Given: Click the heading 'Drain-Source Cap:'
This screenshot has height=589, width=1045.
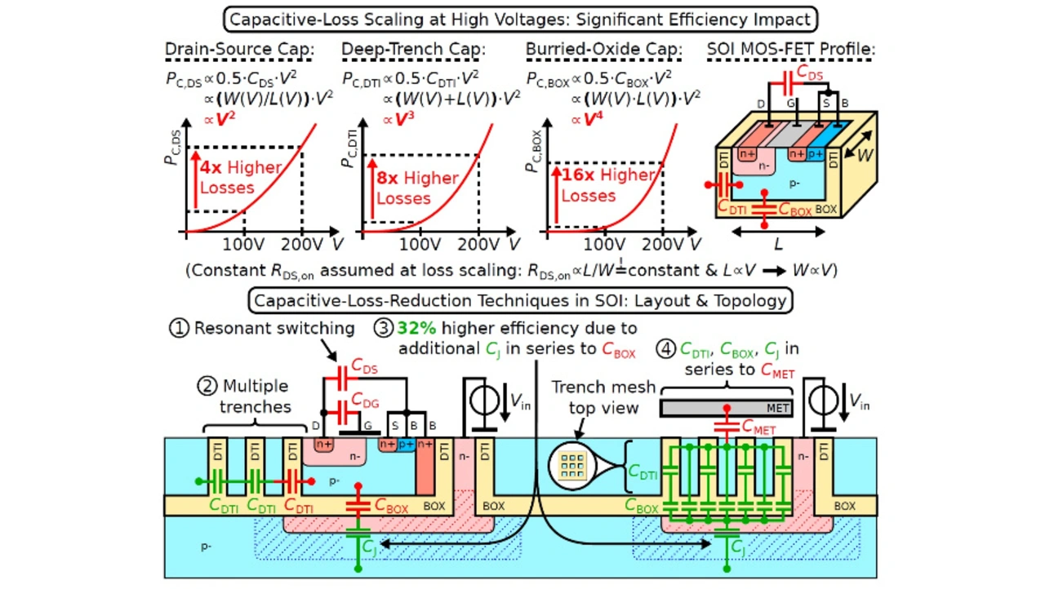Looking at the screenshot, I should tap(239, 51).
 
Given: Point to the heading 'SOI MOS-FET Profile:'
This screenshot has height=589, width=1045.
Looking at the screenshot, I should tap(790, 51).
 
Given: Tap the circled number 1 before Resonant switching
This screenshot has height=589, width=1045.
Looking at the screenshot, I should tap(179, 329).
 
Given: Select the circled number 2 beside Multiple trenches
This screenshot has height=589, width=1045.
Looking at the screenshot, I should tap(207, 387).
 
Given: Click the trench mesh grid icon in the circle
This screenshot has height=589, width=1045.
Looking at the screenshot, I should tap(571, 465).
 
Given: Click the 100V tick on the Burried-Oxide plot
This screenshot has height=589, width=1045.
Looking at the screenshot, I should tap(605, 243).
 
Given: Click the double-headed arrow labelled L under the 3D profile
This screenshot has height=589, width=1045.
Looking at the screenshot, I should tap(778, 232).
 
